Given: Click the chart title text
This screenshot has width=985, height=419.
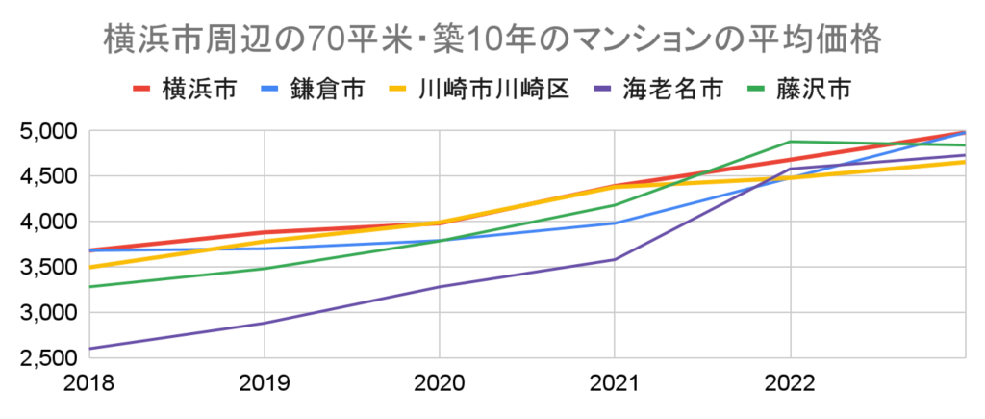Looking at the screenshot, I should (x=492, y=40).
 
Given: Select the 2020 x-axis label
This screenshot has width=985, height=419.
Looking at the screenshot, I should (x=439, y=383).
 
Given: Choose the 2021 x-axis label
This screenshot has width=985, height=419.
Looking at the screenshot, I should (x=615, y=383).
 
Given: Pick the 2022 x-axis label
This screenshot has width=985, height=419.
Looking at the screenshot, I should (x=790, y=383).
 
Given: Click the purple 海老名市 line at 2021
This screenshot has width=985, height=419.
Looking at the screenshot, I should (x=615, y=259).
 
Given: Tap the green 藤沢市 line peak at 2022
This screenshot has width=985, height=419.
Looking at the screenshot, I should (x=791, y=142).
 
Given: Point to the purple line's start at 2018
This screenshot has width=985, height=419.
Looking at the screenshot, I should (x=88, y=349).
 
